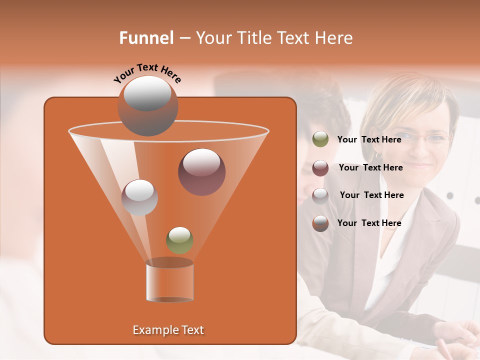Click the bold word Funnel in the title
pyautogui.click(x=146, y=38)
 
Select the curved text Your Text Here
pyautogui.click(x=147, y=73)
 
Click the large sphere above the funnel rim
pyautogui.click(x=147, y=105)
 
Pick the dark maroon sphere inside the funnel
pyautogui.click(x=201, y=172)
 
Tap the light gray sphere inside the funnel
pyautogui.click(x=139, y=197)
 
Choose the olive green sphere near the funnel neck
pyautogui.click(x=179, y=240)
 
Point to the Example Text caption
pyautogui.click(x=168, y=330)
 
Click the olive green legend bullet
pyautogui.click(x=320, y=139)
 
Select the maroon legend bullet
pyautogui.click(x=320, y=167)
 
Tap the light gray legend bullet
pyautogui.click(x=320, y=195)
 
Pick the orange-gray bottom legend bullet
pyautogui.click(x=320, y=223)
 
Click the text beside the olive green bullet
pyautogui.click(x=369, y=139)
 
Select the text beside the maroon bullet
pyautogui.click(x=370, y=167)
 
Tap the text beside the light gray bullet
pyautogui.click(x=371, y=195)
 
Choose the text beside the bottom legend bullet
pyautogui.click(x=369, y=223)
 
